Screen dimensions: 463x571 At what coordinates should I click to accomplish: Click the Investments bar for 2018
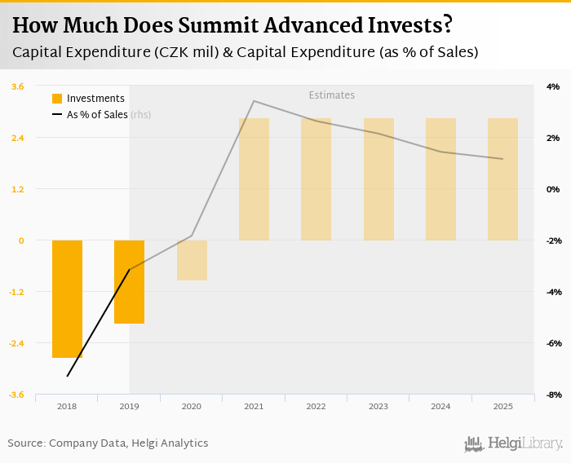(67, 298)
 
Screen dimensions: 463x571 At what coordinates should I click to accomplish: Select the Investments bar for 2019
(129, 281)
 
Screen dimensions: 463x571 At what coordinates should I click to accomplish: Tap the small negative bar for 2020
(192, 260)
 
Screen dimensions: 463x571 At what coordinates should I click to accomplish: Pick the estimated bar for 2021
(254, 179)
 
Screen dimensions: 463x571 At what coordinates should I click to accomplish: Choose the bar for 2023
(378, 179)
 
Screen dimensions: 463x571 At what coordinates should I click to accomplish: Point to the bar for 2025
(502, 179)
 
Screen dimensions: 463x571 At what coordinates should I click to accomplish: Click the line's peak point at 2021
(254, 101)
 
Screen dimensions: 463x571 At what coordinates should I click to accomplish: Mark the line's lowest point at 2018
(67, 376)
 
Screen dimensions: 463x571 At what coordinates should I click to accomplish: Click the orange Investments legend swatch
(57, 99)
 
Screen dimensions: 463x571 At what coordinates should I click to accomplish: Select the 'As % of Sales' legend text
(97, 115)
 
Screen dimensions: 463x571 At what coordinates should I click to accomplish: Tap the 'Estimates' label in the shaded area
(331, 95)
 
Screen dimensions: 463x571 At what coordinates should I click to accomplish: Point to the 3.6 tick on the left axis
(17, 86)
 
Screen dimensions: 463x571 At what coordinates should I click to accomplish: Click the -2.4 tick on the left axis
(16, 343)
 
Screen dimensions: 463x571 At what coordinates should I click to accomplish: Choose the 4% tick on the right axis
(552, 86)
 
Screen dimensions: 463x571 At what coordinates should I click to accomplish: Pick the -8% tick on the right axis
(551, 395)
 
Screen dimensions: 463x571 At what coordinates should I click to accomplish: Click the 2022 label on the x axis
(316, 406)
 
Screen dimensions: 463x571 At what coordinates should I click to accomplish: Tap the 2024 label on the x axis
(440, 406)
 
